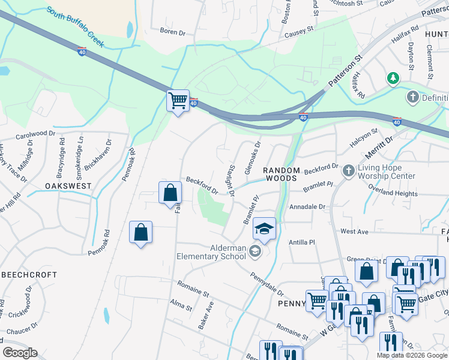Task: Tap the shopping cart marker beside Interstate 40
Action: coord(178,100)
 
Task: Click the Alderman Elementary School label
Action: coord(228,252)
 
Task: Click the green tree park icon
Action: coord(393,78)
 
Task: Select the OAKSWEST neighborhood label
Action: coord(68,186)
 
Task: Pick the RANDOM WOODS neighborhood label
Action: coord(281,175)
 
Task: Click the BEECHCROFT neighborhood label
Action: coord(29,274)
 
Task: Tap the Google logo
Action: coord(20,352)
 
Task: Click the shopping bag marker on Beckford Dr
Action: coord(170,193)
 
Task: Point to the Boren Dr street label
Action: coord(172,31)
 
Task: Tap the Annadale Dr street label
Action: coord(307,206)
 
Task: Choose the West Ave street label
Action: coord(354,231)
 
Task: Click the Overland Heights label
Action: coord(393,194)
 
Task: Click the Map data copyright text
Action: coord(412,355)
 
